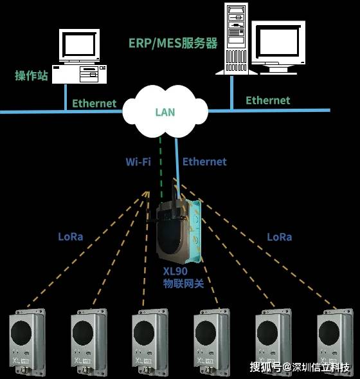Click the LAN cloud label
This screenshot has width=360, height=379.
[165, 112]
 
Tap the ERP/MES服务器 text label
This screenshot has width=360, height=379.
[173, 44]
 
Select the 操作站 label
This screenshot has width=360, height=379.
[32, 75]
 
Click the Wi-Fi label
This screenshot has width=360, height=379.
[138, 162]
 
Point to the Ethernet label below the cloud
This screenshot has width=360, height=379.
[204, 162]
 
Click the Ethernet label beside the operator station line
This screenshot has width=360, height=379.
[94, 104]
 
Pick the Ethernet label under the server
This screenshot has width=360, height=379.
[268, 100]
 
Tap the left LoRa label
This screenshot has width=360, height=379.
[71, 237]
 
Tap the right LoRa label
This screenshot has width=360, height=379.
[280, 237]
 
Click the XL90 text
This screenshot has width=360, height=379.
[175, 271]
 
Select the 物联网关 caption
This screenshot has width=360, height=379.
[183, 284]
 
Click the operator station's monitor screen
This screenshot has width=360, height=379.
[79, 44]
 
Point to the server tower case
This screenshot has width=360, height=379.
[236, 39]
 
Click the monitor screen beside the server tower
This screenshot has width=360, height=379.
[278, 42]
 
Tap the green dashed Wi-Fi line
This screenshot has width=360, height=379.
[161, 167]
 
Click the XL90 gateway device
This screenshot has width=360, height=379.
[178, 230]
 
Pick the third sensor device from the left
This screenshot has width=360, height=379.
[150, 343]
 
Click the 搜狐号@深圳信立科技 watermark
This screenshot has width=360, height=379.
[300, 367]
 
